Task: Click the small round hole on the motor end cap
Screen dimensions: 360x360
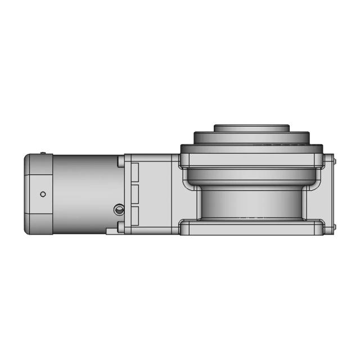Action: (x=43, y=194)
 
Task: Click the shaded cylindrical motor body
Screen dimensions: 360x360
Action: (x=84, y=191)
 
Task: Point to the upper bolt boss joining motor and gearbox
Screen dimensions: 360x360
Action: (x=120, y=161)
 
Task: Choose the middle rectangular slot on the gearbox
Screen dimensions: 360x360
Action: (x=134, y=194)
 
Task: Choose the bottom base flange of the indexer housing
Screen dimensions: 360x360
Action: (x=251, y=228)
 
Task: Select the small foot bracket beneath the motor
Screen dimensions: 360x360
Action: (x=113, y=231)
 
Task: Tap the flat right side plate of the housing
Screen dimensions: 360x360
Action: (x=329, y=194)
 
